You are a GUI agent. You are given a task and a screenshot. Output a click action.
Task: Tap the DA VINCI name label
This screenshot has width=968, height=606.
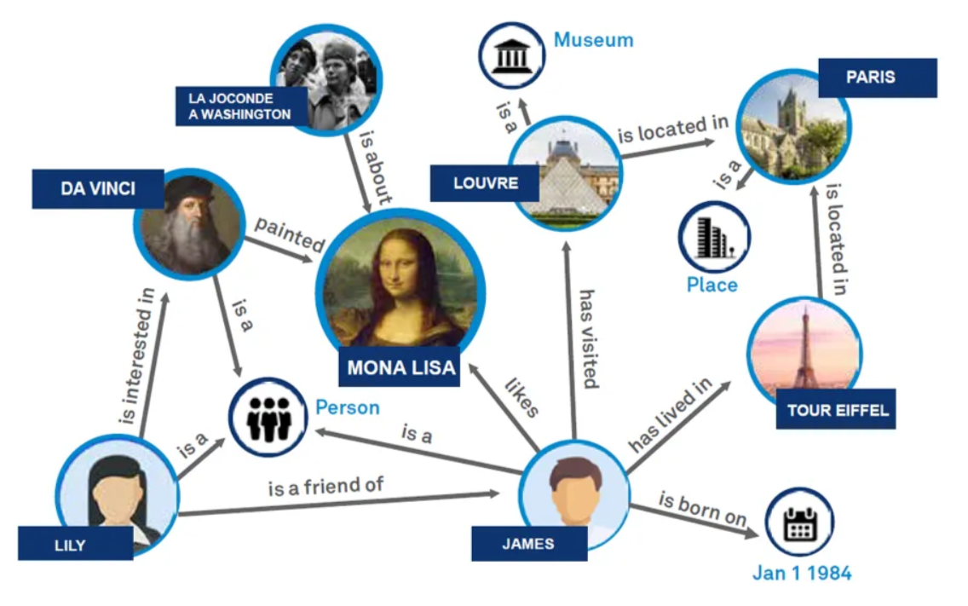click(x=97, y=188)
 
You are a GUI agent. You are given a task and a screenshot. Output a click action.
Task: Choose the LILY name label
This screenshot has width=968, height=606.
click(x=75, y=544)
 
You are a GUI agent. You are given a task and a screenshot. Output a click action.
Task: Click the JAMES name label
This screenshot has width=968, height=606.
click(x=528, y=544)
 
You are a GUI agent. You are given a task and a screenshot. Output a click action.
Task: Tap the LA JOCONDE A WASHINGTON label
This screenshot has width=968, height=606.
click(x=240, y=106)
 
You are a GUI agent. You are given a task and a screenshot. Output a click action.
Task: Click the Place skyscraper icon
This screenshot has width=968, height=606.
click(x=713, y=236)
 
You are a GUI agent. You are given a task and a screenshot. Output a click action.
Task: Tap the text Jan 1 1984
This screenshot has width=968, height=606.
click(x=801, y=573)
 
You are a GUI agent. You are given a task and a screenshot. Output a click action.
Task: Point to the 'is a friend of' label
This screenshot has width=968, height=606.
click(x=326, y=488)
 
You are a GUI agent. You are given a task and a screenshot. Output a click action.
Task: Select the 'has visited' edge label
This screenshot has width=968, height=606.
click(x=588, y=338)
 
